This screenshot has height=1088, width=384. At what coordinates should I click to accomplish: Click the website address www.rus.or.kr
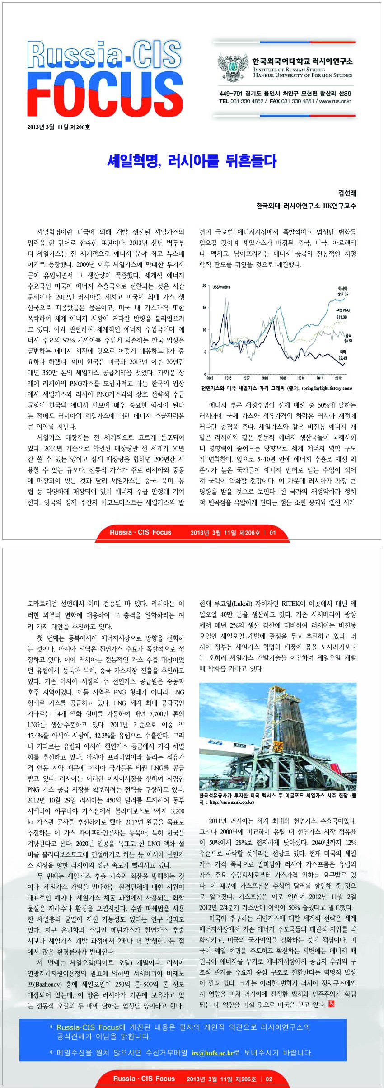point(335,101)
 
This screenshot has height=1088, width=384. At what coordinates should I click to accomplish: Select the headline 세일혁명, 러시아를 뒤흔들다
point(192,161)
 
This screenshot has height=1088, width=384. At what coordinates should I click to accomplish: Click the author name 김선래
point(347,193)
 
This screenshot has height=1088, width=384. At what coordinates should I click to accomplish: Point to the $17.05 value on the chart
point(343,294)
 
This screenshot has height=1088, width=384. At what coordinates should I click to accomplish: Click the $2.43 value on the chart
point(342,358)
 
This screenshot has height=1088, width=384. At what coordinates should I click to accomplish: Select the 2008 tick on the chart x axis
point(265,378)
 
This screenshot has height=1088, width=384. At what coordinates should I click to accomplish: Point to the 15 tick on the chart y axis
point(204,308)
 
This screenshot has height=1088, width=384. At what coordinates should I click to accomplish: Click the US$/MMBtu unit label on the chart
point(221,287)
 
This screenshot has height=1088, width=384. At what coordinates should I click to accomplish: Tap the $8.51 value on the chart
point(348,341)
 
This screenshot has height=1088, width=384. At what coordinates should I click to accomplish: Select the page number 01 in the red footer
point(272,532)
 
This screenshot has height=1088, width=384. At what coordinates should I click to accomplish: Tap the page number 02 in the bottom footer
point(269,1079)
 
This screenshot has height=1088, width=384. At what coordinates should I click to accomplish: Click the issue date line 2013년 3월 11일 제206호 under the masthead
point(59,127)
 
